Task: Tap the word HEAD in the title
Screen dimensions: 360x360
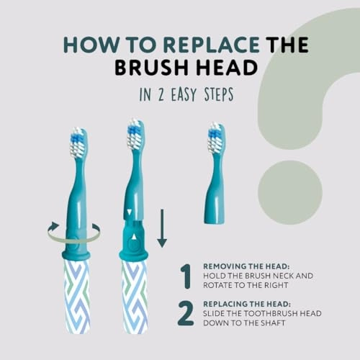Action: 226,68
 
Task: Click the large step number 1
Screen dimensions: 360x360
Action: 186,276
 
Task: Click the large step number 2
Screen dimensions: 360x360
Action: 186,314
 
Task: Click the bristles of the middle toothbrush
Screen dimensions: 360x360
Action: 134,135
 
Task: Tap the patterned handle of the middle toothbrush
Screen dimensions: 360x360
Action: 134,295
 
